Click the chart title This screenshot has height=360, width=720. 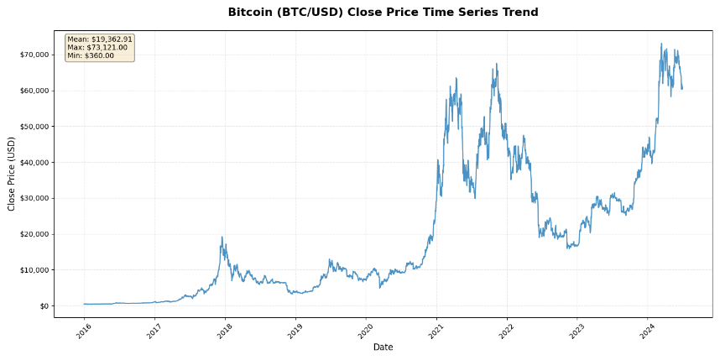click(383, 13)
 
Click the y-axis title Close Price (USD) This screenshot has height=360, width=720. click(11, 174)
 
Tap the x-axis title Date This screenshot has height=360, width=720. click(383, 347)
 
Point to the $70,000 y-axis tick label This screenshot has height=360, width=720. click(34, 55)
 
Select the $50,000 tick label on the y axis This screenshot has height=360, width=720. click(34, 127)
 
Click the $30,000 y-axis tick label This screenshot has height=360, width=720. click(34, 198)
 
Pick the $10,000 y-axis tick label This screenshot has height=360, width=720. click(34, 270)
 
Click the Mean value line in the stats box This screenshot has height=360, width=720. click(100, 39)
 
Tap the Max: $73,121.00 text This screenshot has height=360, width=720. click(97, 47)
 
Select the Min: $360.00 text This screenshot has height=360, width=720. click(91, 55)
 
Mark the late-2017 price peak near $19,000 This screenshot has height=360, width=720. click(222, 237)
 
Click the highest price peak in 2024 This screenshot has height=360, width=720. click(661, 44)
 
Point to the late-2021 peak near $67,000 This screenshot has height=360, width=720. click(496, 64)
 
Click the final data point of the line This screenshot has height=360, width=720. click(682, 88)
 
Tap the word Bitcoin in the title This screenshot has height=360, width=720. click(252, 13)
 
